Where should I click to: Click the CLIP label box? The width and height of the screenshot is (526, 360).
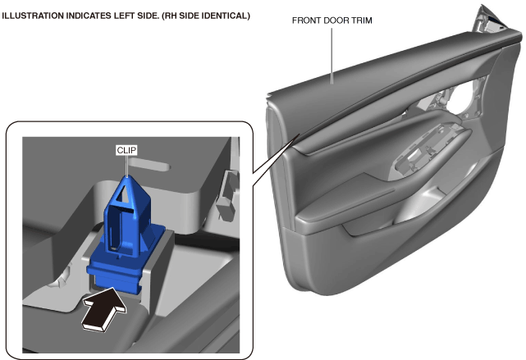(x=126, y=150)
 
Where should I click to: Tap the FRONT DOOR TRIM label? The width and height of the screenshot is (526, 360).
(x=332, y=21)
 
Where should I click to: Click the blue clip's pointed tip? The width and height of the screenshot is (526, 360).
(x=127, y=176)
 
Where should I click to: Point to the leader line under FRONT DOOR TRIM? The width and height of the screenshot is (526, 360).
(x=332, y=56)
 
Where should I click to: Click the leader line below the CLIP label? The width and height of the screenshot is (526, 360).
(x=126, y=166)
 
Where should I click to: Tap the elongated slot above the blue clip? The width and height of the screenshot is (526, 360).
(x=149, y=163)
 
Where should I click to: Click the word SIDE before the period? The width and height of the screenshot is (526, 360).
(x=146, y=16)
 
